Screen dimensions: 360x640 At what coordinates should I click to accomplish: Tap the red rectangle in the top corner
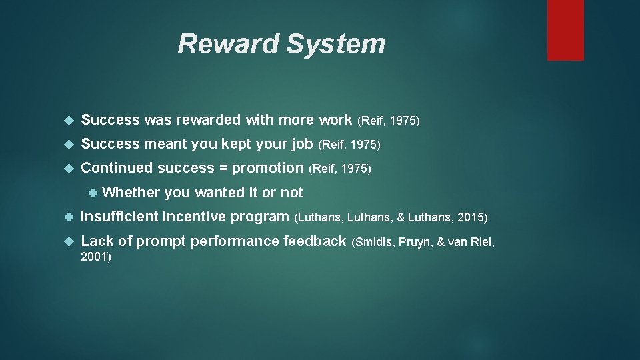pyautogui.click(x=565, y=30)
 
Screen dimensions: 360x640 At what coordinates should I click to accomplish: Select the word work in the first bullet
pyautogui.click(x=335, y=120)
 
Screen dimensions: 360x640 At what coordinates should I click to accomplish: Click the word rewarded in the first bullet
pyautogui.click(x=207, y=120)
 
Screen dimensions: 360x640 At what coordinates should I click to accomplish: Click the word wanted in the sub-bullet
pyautogui.click(x=219, y=193)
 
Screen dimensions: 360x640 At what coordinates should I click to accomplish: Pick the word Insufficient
pyautogui.click(x=119, y=217)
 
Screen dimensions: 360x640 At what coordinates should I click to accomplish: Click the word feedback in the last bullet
pyautogui.click(x=315, y=241)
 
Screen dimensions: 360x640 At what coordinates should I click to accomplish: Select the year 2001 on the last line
pyautogui.click(x=93, y=256)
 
